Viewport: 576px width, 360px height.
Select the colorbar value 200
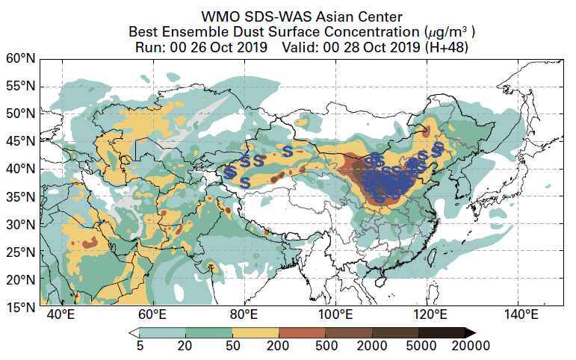tap(279, 345)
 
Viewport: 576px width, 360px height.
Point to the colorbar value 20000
tap(465, 345)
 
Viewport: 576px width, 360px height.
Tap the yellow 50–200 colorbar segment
tap(256, 332)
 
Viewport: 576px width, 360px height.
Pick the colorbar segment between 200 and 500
tap(302, 332)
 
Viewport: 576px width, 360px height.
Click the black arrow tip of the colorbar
tap(470, 332)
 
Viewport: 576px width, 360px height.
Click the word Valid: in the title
tap(302, 48)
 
